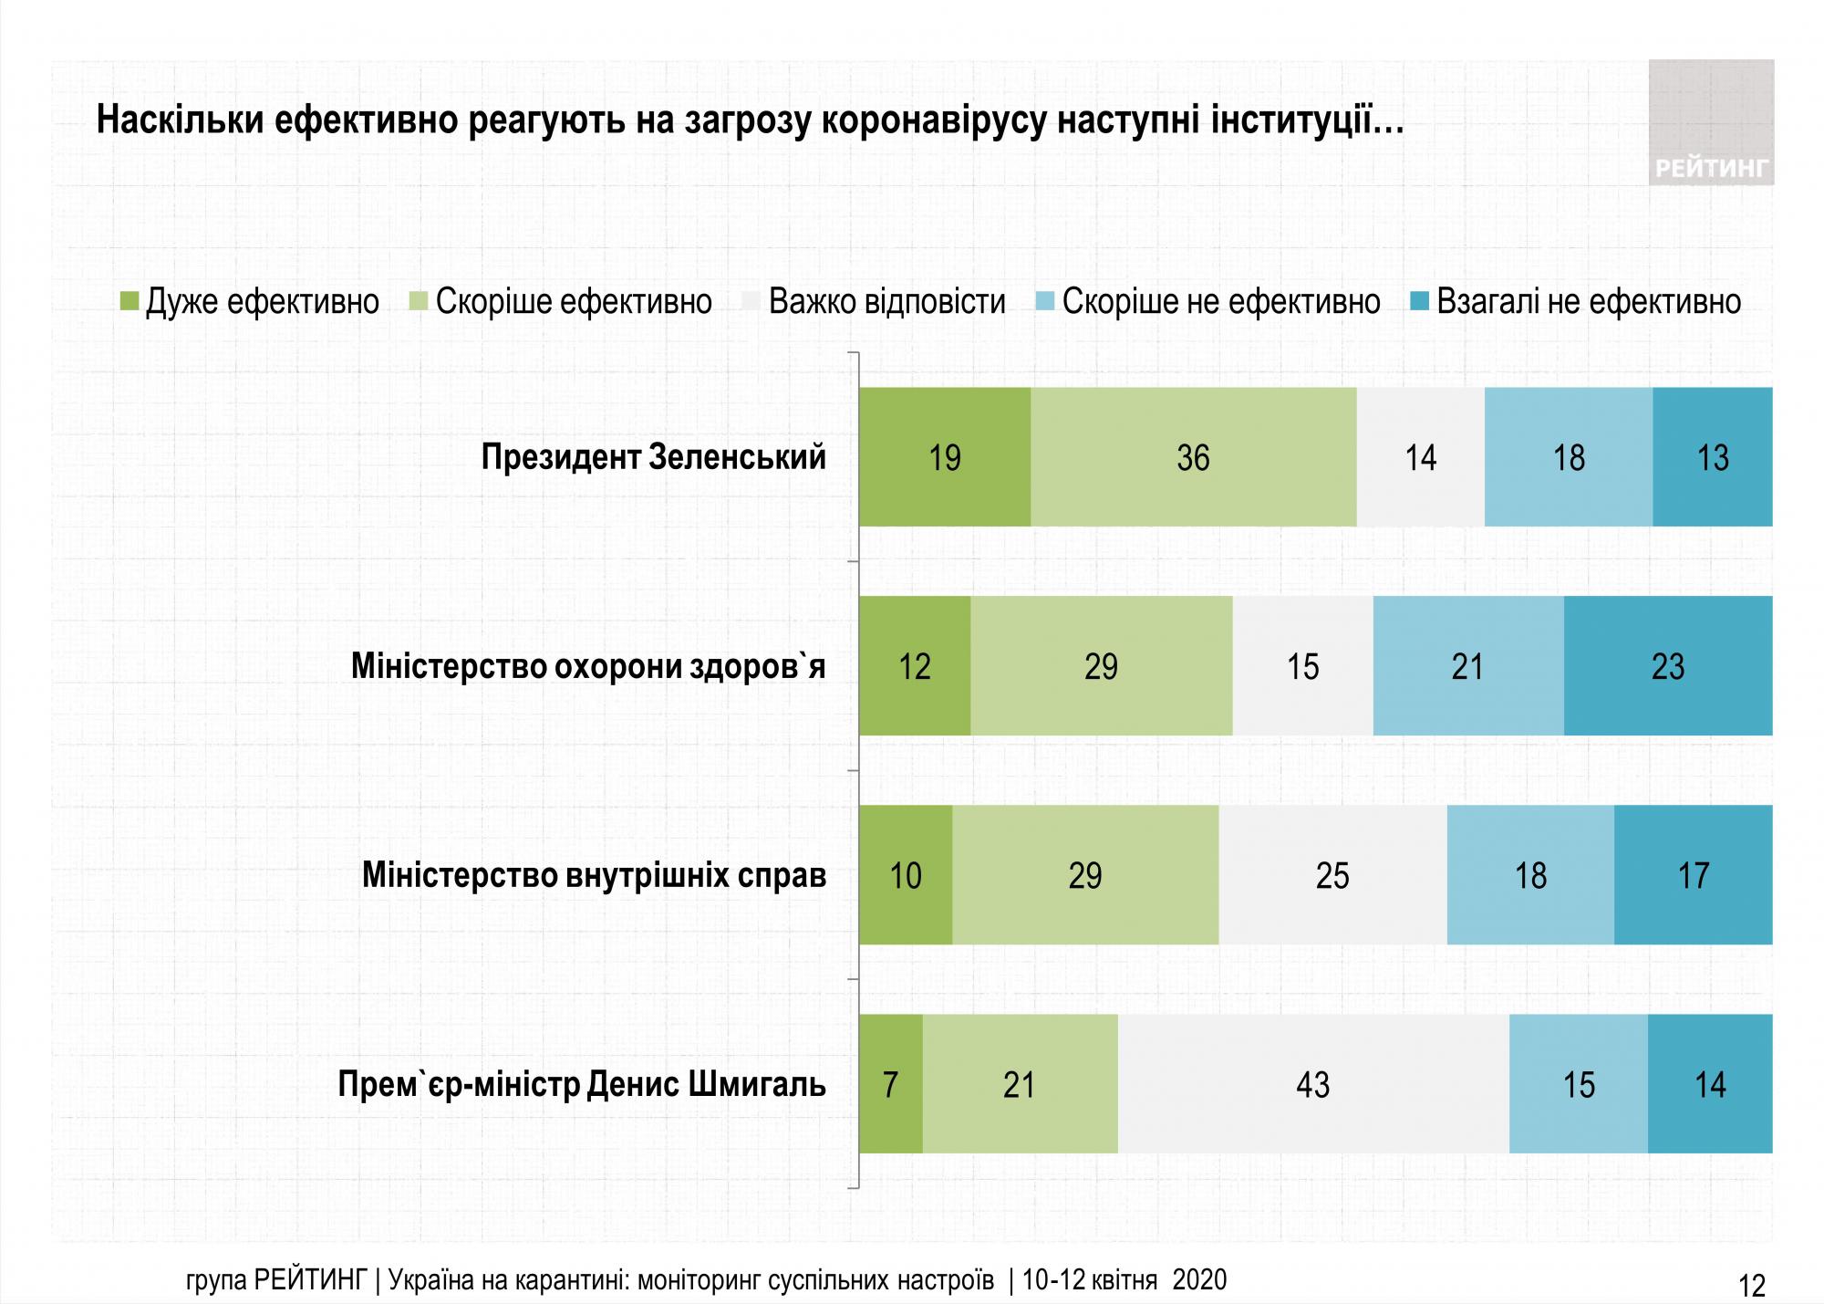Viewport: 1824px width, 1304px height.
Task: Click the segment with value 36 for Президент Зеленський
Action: tap(1193, 457)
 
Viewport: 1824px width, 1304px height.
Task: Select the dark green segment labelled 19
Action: tap(945, 457)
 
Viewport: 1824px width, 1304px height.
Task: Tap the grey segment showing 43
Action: tap(1313, 1084)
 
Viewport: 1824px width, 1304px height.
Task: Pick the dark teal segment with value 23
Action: tap(1668, 666)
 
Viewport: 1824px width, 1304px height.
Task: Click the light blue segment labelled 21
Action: tap(1468, 666)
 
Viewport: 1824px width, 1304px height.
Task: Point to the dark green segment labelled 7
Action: tap(891, 1084)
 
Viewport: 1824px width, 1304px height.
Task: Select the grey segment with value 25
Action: tap(1332, 875)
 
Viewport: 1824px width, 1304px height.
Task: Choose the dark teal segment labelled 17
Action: tap(1693, 875)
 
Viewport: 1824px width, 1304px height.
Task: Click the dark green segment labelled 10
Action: tap(906, 875)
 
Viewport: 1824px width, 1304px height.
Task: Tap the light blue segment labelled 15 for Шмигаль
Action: tap(1579, 1084)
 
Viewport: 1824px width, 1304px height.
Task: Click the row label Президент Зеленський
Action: tap(653, 457)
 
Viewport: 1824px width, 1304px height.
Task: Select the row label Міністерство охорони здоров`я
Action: tap(588, 667)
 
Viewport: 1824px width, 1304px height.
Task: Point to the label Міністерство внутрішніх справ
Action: tap(594, 875)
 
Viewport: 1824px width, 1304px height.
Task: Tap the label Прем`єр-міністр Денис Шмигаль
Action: tap(582, 1085)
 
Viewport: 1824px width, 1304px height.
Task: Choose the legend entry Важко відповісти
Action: tap(886, 301)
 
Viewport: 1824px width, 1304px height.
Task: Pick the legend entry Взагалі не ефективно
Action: tap(1588, 301)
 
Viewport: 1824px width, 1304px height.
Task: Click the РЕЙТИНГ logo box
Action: tap(1711, 123)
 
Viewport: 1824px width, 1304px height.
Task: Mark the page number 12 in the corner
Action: tap(1752, 1286)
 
